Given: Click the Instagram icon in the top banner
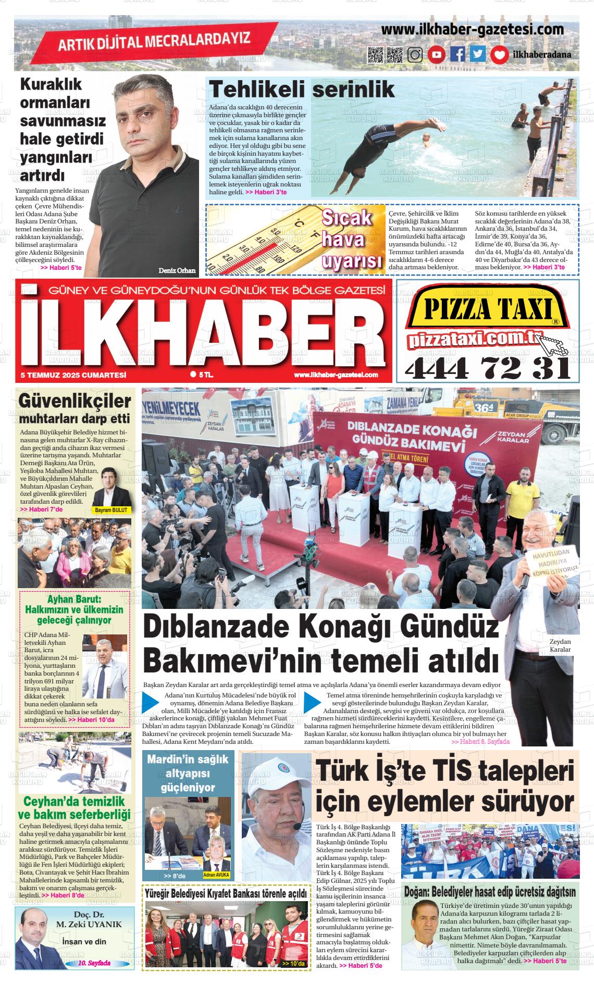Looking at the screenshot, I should point(415,55).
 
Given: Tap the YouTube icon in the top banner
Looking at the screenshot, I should point(436,55).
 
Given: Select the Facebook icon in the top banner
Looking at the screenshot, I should point(457,55).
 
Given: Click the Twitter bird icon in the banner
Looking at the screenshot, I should point(478,55).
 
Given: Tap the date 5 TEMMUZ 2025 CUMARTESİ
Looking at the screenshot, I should point(73,375).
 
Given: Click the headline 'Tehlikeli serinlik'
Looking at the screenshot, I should point(302,90).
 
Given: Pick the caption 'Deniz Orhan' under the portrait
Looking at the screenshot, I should point(178,270).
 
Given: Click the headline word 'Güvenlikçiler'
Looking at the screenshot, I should point(74,402).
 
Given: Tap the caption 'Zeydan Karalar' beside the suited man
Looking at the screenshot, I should point(560,645).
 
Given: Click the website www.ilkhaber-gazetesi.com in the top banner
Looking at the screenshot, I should point(473,30).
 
